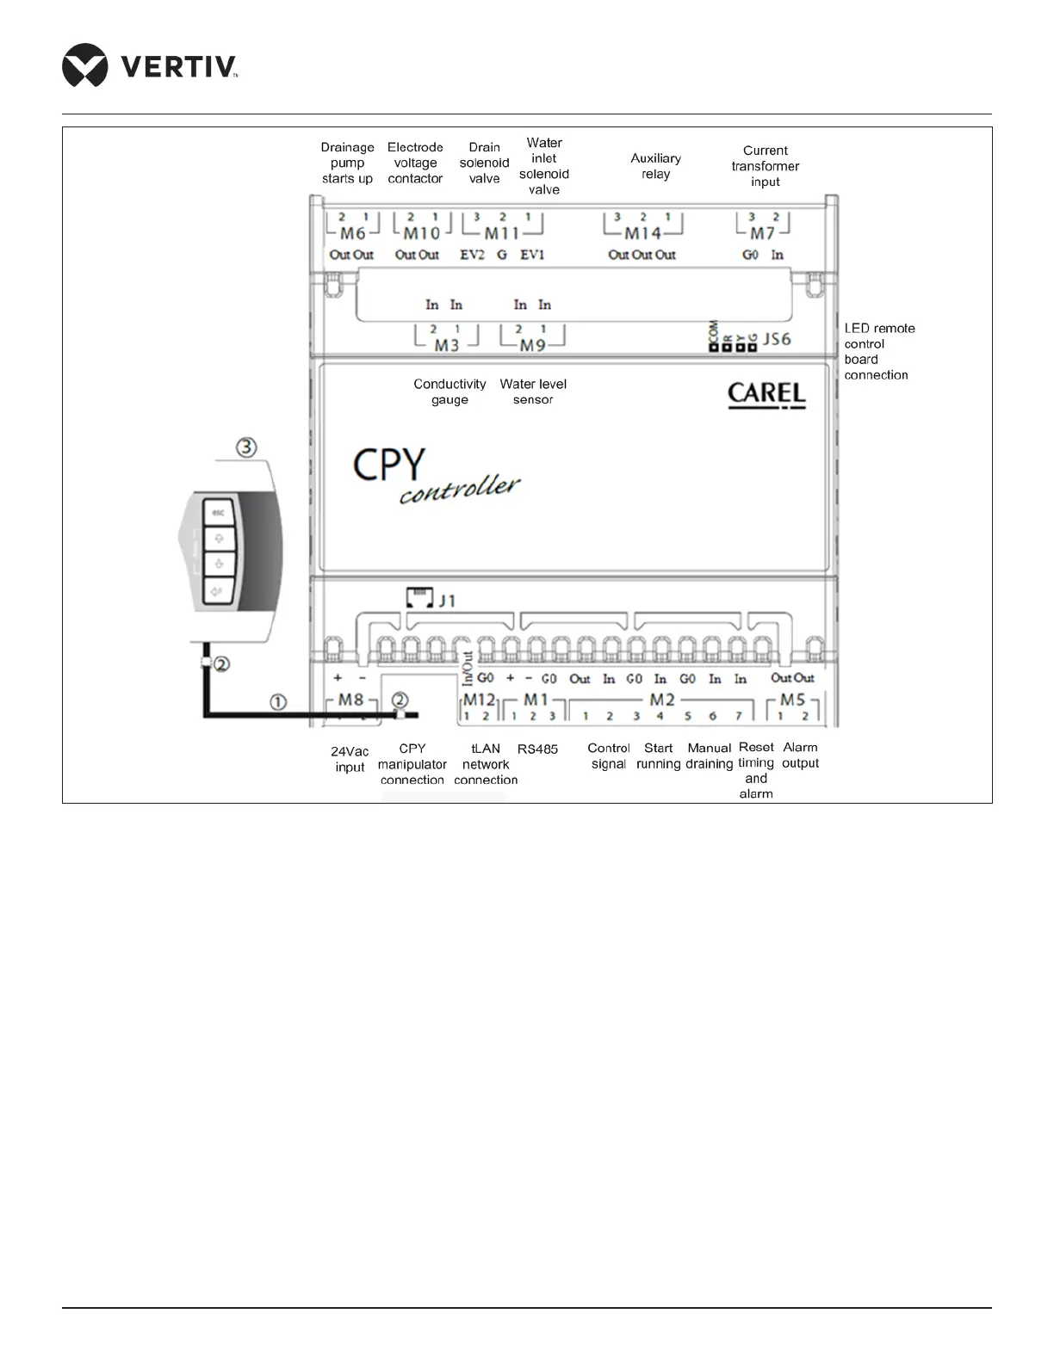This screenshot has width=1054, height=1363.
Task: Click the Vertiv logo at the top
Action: click(x=150, y=65)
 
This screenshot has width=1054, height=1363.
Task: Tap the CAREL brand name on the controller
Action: click(x=766, y=394)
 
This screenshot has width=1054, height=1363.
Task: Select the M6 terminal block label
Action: click(x=353, y=233)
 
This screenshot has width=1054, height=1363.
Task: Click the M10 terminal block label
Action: click(x=421, y=233)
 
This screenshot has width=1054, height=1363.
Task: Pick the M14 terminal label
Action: click(x=642, y=233)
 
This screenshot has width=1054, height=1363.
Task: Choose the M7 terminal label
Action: click(x=762, y=233)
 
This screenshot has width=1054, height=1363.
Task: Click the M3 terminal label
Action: click(x=446, y=345)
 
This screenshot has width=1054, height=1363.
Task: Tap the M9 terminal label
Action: click(x=532, y=345)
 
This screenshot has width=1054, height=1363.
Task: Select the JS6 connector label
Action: click(x=777, y=339)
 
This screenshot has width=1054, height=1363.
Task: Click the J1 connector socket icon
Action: click(x=419, y=598)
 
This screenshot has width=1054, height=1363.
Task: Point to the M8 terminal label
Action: click(x=350, y=700)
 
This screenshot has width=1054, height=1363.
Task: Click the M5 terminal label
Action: click(x=792, y=700)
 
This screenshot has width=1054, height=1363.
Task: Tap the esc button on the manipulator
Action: click(x=219, y=513)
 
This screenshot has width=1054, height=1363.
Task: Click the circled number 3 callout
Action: click(x=247, y=447)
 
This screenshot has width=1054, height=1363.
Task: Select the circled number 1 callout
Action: click(x=278, y=702)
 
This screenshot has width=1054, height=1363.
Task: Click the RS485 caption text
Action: click(x=537, y=749)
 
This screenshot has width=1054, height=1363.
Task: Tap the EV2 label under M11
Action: click(x=472, y=255)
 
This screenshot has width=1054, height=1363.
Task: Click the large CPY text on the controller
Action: click(x=389, y=466)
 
